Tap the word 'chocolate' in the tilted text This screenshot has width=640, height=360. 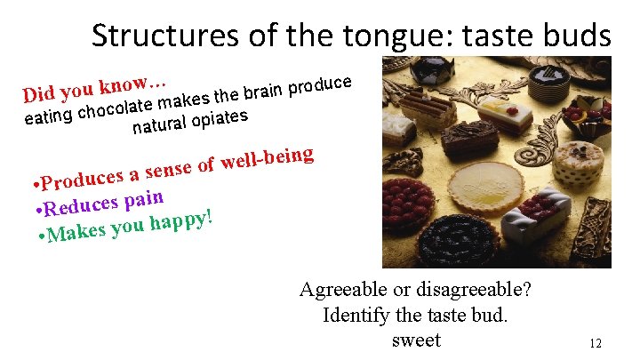click(x=121, y=109)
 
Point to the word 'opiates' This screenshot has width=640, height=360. click(x=217, y=117)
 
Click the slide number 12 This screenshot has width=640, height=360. click(x=596, y=344)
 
